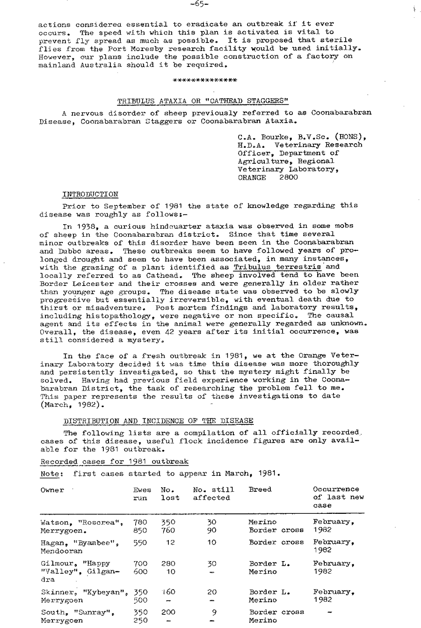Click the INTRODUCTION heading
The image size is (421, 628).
pyautogui.click(x=90, y=194)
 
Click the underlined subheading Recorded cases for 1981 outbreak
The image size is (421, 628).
pyautogui.click(x=114, y=462)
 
